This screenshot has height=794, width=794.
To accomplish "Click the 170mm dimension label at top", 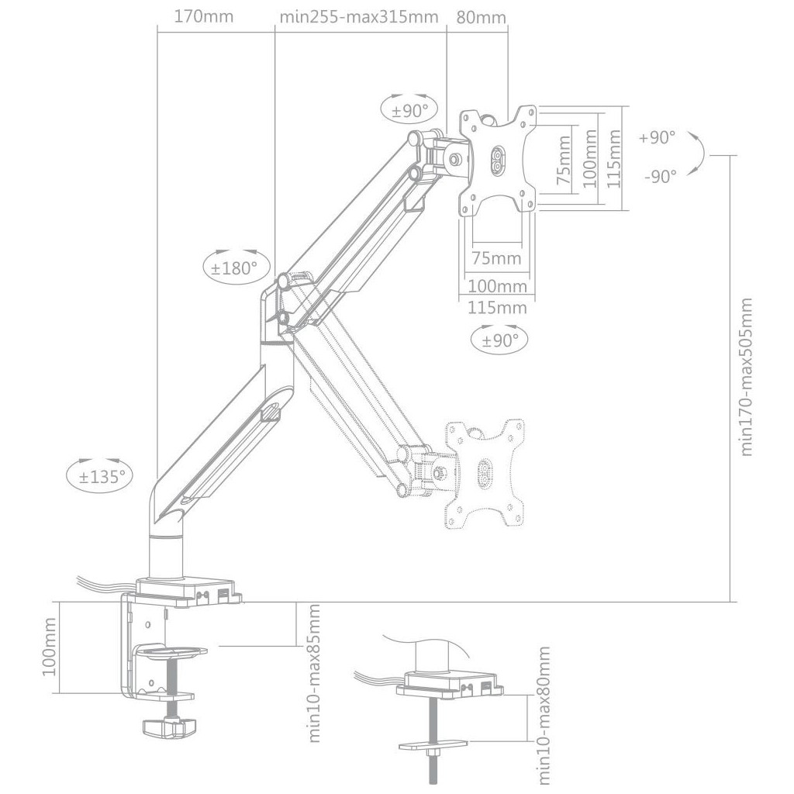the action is tap(204, 17).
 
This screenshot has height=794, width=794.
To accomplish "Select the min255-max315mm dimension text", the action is tap(359, 17).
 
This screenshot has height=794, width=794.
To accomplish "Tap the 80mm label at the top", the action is tap(481, 17).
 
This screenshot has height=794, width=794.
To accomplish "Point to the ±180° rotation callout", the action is tap(236, 268).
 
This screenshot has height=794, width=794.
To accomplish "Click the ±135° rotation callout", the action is tap(100, 476).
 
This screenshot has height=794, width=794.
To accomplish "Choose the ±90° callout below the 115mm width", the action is tap(499, 340).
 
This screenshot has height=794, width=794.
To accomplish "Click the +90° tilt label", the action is tap(657, 137).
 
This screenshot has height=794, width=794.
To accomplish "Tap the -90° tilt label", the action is tap(661, 176).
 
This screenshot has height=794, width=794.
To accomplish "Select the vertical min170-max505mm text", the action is tap(747, 377).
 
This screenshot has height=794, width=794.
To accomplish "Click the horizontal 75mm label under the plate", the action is tap(496, 258).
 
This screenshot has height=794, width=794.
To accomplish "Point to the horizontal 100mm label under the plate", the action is tap(497, 286).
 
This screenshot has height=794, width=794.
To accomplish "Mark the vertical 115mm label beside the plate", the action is tap(614, 158).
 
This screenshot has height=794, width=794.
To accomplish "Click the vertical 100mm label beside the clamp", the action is tap(49, 646).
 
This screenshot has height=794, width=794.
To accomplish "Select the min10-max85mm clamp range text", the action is tap(314, 673).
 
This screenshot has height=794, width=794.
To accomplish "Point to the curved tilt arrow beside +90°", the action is tap(700, 155).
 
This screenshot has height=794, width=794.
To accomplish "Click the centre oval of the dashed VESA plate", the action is tap(485, 474).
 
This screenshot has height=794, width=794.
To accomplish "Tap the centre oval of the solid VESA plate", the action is tap(497, 158).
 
